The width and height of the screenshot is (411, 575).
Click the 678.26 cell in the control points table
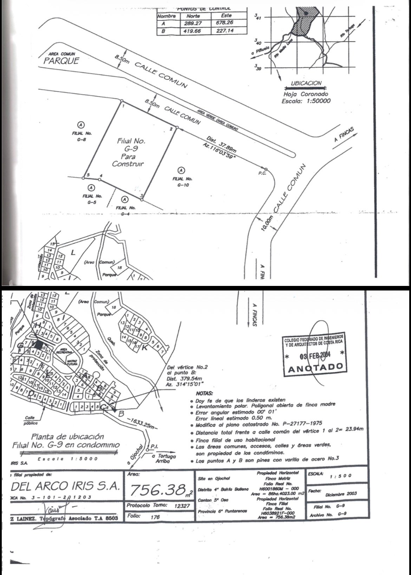coord(226,23)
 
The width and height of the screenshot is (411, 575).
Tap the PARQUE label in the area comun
coord(61,61)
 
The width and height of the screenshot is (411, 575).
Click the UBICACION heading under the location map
coord(306,84)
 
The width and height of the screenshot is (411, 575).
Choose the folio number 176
coord(155,517)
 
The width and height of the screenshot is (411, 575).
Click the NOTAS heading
coord(204,394)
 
